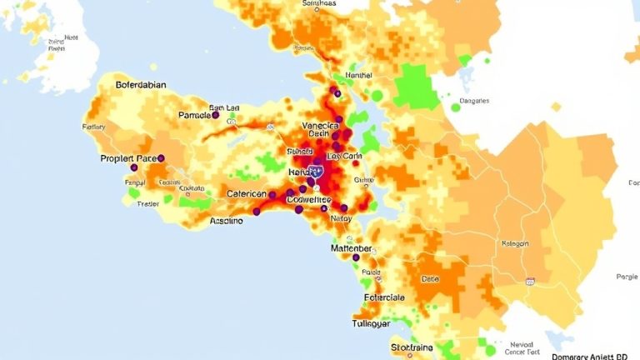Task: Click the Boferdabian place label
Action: click(129, 85)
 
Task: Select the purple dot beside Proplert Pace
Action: click(161, 157)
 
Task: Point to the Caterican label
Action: click(251, 193)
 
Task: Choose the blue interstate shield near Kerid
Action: click(317, 171)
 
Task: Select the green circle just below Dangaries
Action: click(456, 107)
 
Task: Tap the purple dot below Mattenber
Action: click(356, 257)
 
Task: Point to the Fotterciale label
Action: click(384, 297)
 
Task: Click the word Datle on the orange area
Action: click(430, 279)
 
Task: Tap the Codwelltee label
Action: click(308, 200)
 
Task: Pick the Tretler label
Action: click(148, 203)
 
